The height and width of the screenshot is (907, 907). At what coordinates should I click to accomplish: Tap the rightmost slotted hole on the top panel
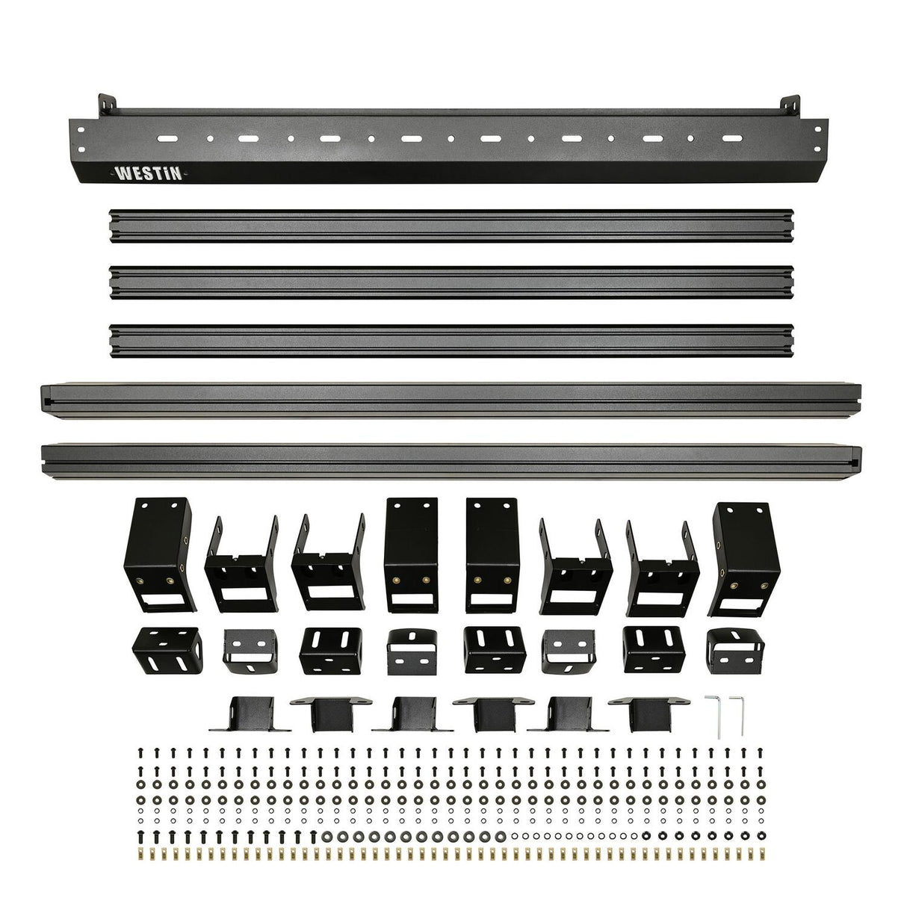tap(733, 139)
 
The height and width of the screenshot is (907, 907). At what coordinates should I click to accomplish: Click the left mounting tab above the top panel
tap(107, 104)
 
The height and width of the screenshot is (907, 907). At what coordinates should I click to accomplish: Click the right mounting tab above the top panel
tap(793, 105)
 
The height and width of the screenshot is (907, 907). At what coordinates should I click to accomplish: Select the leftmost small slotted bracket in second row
tap(165, 650)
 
